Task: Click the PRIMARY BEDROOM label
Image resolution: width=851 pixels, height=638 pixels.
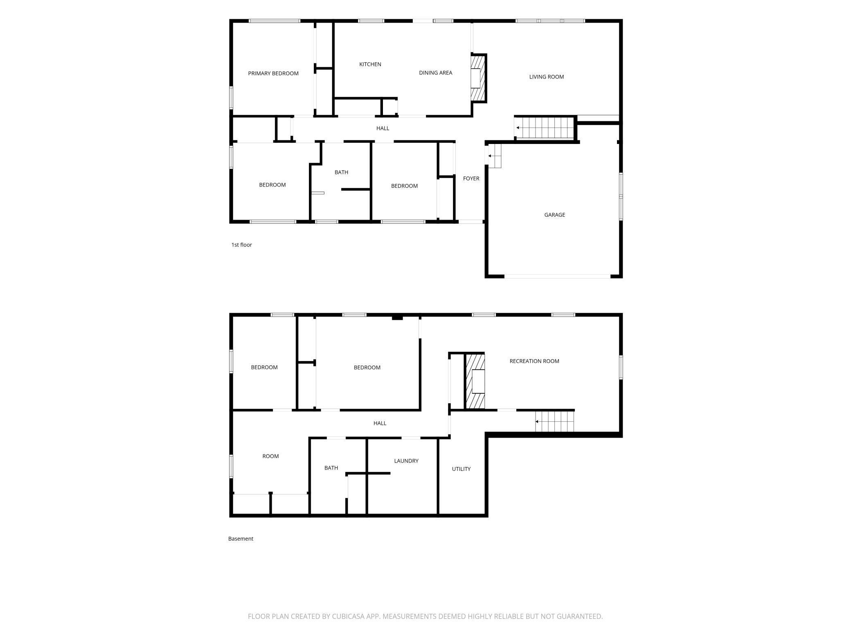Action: pyautogui.click(x=273, y=74)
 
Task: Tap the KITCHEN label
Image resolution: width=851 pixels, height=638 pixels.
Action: pyautogui.click(x=370, y=64)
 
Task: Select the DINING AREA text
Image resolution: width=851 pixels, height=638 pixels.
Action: pyautogui.click(x=435, y=73)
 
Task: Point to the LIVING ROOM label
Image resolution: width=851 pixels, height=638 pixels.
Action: pyautogui.click(x=547, y=77)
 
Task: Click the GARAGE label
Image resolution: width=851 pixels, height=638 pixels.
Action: pyautogui.click(x=555, y=215)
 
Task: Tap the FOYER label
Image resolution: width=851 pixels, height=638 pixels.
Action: pyautogui.click(x=471, y=179)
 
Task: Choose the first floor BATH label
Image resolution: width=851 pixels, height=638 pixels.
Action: pyautogui.click(x=341, y=172)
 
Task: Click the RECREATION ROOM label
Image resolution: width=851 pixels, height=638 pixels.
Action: pyautogui.click(x=534, y=361)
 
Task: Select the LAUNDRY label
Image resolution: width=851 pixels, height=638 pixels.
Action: pyautogui.click(x=406, y=461)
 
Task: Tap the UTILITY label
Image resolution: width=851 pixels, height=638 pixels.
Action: pyautogui.click(x=461, y=469)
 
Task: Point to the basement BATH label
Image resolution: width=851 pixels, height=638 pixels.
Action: pyautogui.click(x=331, y=468)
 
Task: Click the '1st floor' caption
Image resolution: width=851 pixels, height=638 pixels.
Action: pyautogui.click(x=241, y=245)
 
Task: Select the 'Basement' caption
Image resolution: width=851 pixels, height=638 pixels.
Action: pyautogui.click(x=241, y=539)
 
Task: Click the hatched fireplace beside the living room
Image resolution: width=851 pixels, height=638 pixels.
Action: pyautogui.click(x=477, y=78)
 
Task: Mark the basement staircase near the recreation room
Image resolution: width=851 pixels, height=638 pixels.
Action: pyautogui.click(x=555, y=421)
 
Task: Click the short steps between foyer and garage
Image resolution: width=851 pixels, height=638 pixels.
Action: pyautogui.click(x=494, y=156)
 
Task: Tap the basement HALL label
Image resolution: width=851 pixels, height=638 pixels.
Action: pyautogui.click(x=380, y=423)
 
